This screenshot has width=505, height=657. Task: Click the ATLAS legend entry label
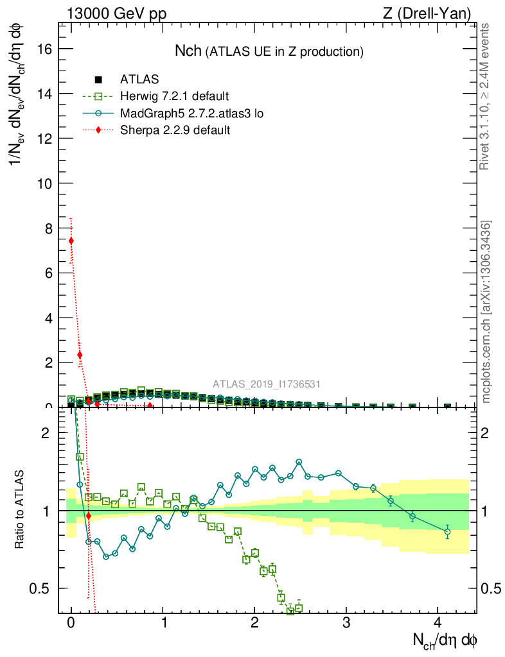point(139,80)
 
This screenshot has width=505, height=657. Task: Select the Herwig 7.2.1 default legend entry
point(174,96)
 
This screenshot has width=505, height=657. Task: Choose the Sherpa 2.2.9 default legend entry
point(175,130)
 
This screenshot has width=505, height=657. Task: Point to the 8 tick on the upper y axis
point(50,228)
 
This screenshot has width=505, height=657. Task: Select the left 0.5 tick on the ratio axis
point(43,588)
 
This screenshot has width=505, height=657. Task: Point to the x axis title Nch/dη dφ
point(444,640)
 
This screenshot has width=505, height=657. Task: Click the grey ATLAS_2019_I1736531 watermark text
point(267,384)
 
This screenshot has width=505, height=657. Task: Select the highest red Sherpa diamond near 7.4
point(71,241)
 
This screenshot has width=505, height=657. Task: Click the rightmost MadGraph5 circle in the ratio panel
point(447,532)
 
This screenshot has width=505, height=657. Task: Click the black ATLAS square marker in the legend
point(98,80)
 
